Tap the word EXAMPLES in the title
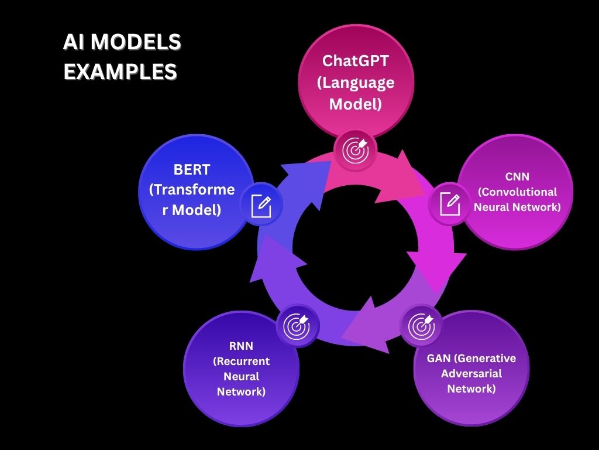coord(120,71)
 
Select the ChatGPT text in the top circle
coord(356,60)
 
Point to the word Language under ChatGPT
coord(356,83)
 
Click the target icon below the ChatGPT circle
coord(356,150)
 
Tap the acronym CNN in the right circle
coord(517,176)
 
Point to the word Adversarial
coord(471,373)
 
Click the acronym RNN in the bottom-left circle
coord(241,346)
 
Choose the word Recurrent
coord(241,361)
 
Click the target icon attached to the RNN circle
coord(296,326)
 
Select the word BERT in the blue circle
coord(192,170)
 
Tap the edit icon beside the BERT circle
coord(261,206)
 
